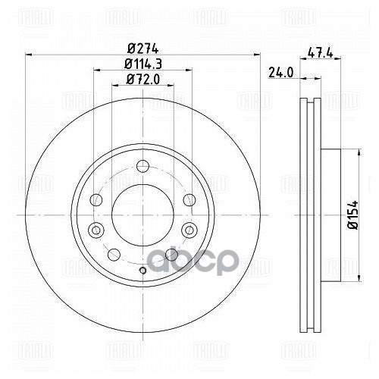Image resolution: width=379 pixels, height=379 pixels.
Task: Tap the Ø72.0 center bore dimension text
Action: pyautogui.click(x=141, y=81)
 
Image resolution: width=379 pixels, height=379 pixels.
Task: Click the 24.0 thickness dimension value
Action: pyautogui.click(x=280, y=74)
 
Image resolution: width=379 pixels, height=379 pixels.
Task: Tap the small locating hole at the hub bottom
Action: pyautogui.click(x=142, y=271)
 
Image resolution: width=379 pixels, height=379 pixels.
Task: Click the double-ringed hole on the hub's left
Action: pyautogui.click(x=95, y=229)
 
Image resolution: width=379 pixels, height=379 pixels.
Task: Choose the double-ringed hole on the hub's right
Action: pyautogui.click(x=189, y=229)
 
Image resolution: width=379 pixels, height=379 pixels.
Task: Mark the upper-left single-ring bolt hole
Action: pyautogui.click(x=97, y=199)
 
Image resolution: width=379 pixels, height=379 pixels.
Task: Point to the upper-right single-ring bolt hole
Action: pyautogui.click(x=186, y=199)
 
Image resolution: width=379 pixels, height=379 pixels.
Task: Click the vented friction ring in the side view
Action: pyautogui.click(x=308, y=212)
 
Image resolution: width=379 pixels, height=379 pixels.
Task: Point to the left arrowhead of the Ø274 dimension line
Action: pyautogui.click(x=30, y=54)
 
